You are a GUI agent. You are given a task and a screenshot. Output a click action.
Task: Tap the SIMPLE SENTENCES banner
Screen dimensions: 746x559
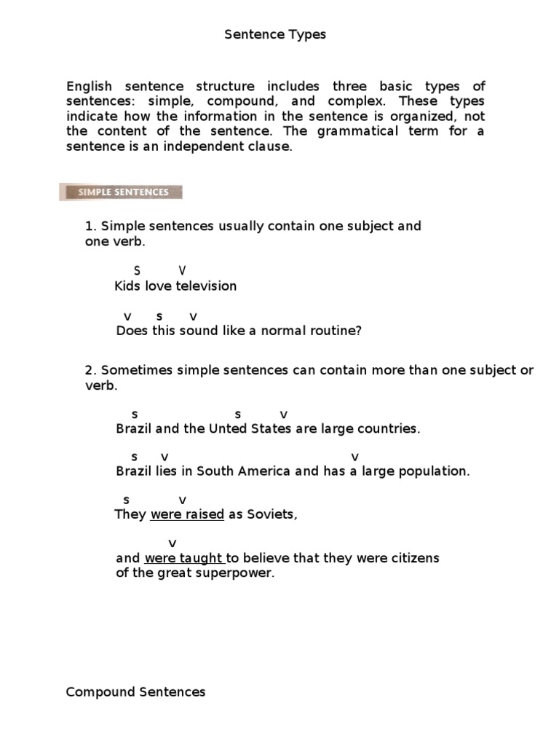tap(120, 192)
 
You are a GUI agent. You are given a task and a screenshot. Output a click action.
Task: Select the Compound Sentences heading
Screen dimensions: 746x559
tap(135, 692)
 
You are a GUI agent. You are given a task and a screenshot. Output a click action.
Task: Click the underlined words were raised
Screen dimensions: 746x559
tap(187, 514)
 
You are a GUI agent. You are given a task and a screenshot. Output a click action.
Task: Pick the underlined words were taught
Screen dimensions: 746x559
tap(184, 558)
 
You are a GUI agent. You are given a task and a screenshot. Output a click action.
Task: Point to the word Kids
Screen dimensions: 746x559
tap(127, 286)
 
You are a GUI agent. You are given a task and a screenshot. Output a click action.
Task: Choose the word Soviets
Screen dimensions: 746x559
tap(272, 514)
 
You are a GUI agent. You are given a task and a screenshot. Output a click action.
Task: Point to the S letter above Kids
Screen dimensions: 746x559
tap(137, 271)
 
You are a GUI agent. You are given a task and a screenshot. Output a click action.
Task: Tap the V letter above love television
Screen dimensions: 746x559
tap(182, 271)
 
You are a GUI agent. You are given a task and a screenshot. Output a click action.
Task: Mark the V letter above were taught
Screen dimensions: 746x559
tap(173, 543)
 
